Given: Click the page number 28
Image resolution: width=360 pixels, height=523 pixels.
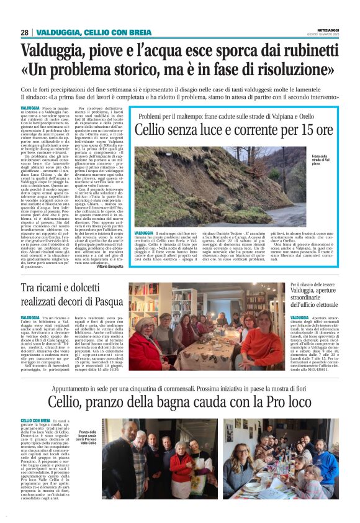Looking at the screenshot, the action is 24,32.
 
